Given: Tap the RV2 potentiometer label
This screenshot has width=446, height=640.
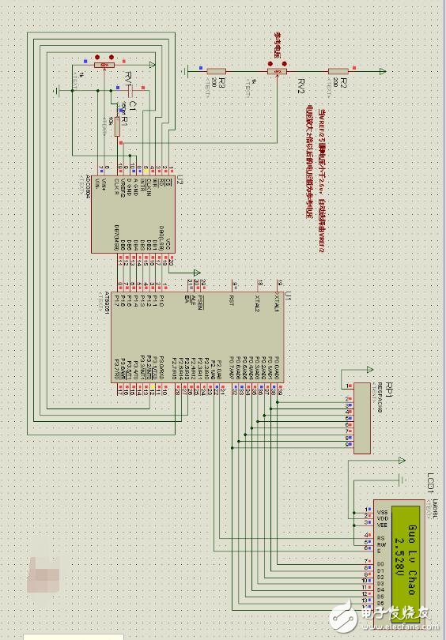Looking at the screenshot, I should [x=301, y=85].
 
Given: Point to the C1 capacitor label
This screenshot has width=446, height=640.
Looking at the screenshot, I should [x=134, y=105].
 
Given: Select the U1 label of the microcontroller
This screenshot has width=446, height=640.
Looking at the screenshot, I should [x=288, y=294].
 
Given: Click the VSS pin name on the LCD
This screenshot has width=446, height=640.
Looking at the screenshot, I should [x=380, y=510].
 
